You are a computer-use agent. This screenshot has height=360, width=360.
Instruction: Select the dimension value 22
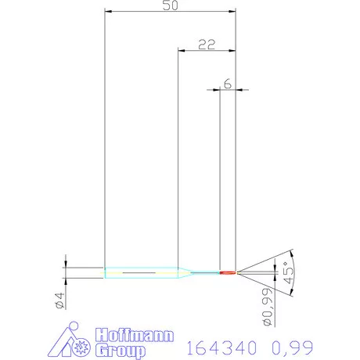(207, 45)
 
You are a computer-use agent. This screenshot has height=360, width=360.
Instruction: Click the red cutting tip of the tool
(228, 272)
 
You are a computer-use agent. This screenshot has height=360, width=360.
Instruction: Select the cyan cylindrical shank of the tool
(141, 272)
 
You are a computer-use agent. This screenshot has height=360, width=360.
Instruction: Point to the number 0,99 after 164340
(290, 345)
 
